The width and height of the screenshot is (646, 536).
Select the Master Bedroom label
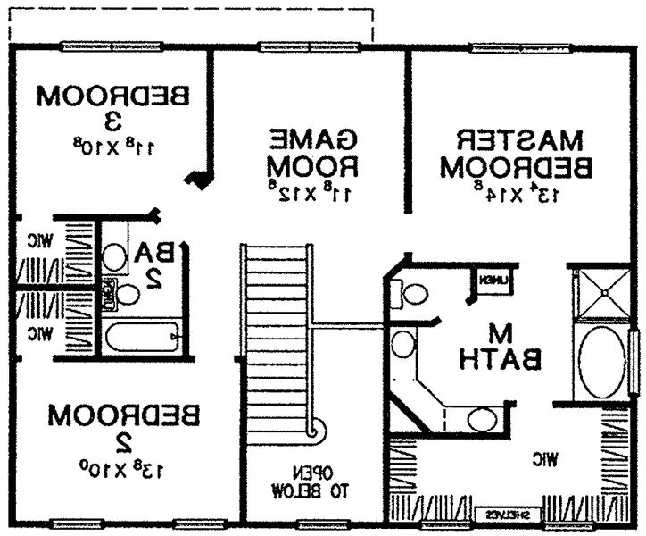[518, 154]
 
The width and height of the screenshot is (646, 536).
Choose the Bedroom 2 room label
[124, 427]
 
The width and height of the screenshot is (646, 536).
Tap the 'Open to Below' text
[310, 482]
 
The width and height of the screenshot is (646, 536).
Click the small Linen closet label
[494, 281]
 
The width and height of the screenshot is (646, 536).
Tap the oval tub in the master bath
[604, 362]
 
